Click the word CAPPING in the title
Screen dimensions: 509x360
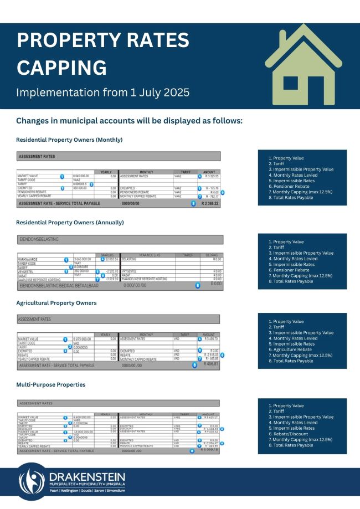click(61, 67)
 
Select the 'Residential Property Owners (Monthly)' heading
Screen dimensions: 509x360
click(69, 140)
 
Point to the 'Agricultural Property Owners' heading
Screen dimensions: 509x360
click(56, 303)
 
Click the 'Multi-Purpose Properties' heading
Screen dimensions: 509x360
click(51, 384)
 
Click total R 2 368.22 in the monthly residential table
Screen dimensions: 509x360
click(210, 203)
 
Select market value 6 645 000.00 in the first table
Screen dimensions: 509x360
click(84, 176)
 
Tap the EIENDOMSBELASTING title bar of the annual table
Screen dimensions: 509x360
click(120, 239)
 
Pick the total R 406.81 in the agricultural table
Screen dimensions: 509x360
click(211, 364)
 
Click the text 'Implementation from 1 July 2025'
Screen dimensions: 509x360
click(102, 92)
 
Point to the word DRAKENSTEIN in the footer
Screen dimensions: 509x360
click(87, 477)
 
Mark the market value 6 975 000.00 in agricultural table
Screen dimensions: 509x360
click(85, 339)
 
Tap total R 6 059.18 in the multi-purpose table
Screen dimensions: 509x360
click(210, 450)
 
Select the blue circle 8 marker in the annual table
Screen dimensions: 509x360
click(197, 285)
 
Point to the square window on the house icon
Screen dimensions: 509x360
click(291, 83)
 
